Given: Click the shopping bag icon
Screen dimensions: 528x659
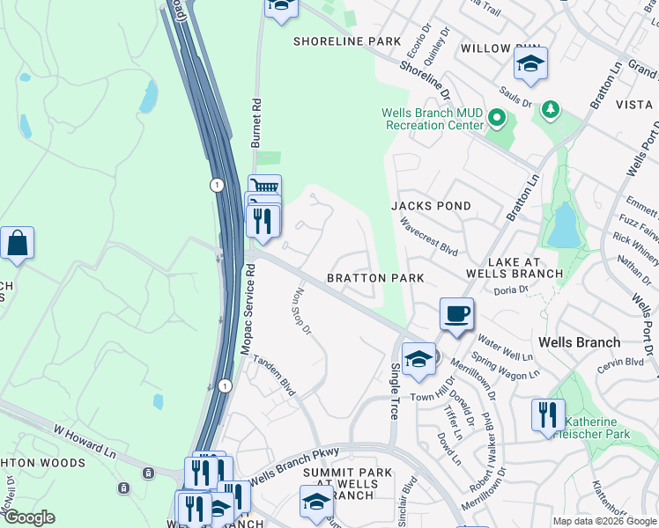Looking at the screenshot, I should (17, 243).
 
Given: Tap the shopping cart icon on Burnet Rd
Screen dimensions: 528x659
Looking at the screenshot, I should (263, 187).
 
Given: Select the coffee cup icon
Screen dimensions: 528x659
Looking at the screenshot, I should (456, 314).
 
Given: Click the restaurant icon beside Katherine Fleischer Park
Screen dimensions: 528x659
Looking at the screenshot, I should (548, 414).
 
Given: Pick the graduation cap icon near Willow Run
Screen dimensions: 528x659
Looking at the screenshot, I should (530, 63).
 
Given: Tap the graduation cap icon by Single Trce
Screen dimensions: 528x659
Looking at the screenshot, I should (419, 358).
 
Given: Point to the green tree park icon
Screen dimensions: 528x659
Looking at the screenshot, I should (551, 108).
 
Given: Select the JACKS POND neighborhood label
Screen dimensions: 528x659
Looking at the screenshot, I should (431, 206).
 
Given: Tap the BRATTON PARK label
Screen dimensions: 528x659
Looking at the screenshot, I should (375, 278).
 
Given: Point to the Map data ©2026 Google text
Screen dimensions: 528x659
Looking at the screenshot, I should (603, 521).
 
